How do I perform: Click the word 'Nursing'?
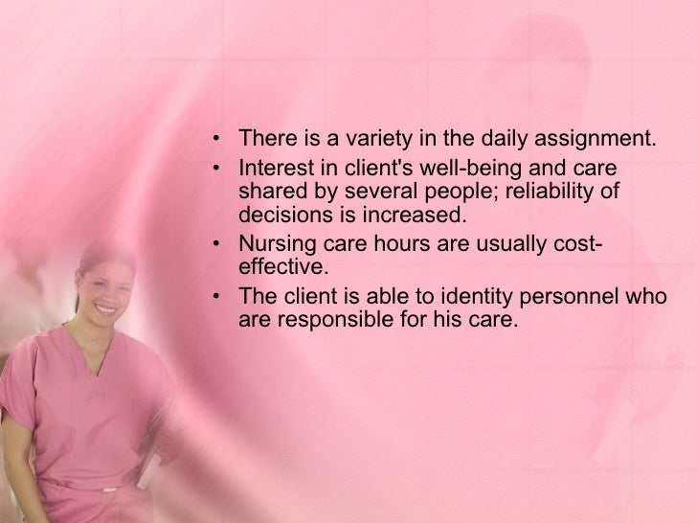click(x=273, y=242)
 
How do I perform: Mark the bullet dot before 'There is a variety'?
click(x=218, y=140)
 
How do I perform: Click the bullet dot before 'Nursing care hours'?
click(x=218, y=242)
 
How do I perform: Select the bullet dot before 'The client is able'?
click(x=218, y=296)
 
